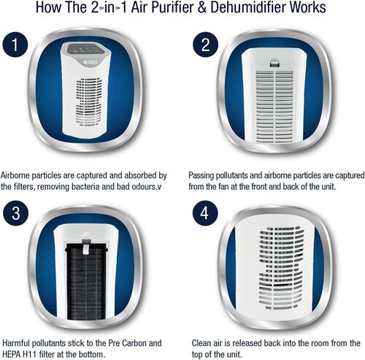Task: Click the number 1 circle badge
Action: click(x=15, y=45)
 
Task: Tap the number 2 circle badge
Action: click(x=205, y=45)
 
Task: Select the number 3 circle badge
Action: click(x=15, y=213)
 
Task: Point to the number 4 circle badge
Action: click(x=205, y=213)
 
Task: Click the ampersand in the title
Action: click(x=201, y=7)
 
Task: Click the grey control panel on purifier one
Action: click(x=85, y=50)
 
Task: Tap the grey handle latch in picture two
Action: click(x=274, y=63)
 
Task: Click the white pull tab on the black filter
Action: click(x=86, y=249)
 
